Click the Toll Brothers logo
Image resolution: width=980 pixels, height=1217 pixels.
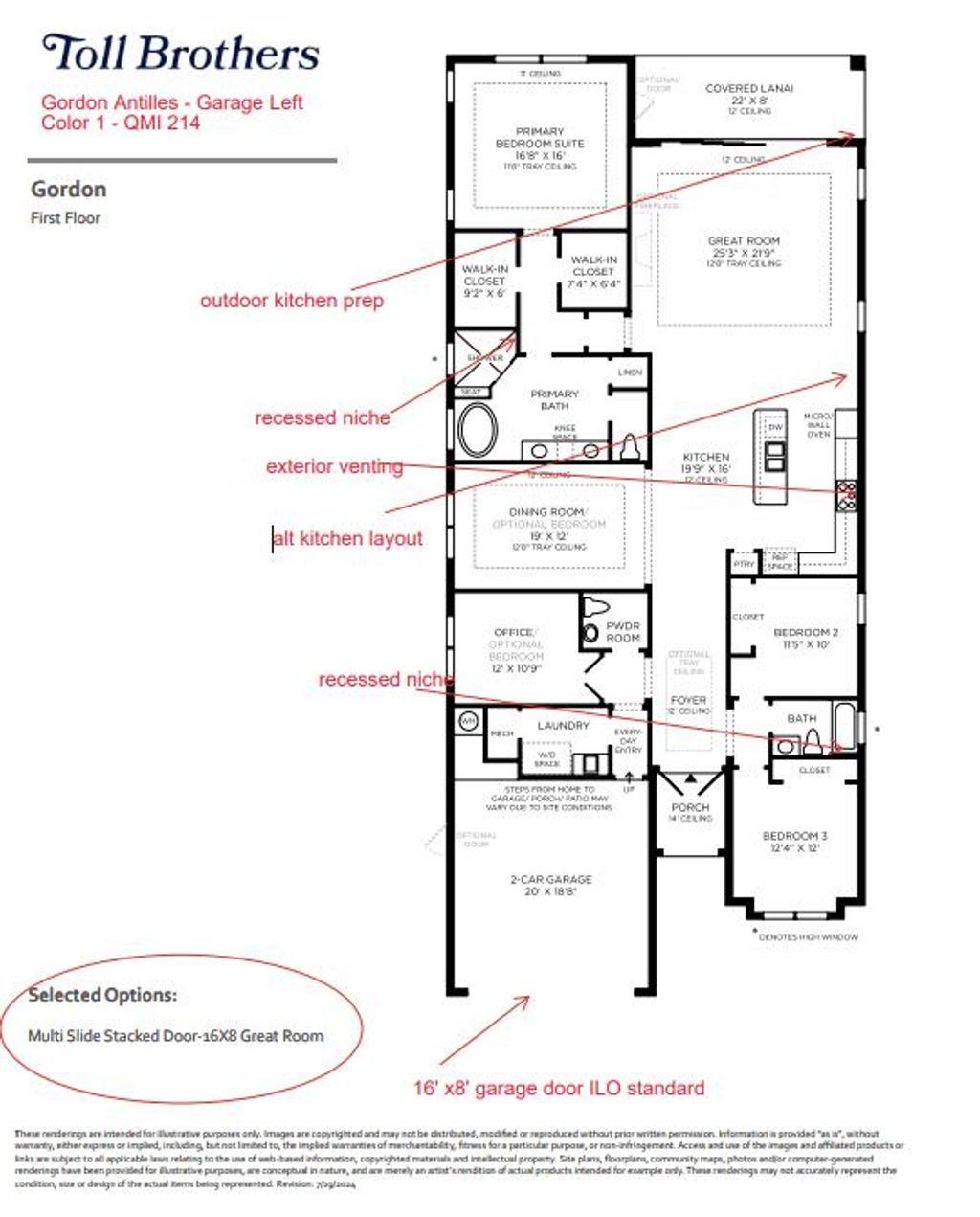(x=181, y=54)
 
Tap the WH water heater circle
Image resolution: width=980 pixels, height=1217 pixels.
(x=468, y=721)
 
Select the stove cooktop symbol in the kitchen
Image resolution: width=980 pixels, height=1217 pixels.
(x=847, y=492)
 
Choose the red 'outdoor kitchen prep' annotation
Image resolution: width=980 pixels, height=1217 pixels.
(x=292, y=301)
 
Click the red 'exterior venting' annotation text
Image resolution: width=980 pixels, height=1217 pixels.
(x=334, y=467)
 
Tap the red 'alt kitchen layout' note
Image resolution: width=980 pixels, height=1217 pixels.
(x=348, y=539)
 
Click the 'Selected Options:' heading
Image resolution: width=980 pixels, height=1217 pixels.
(x=102, y=995)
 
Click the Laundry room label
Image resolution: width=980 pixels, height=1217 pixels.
(x=563, y=726)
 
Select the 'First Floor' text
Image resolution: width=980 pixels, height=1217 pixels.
(x=65, y=218)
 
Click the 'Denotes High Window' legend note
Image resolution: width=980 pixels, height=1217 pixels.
(x=808, y=936)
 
